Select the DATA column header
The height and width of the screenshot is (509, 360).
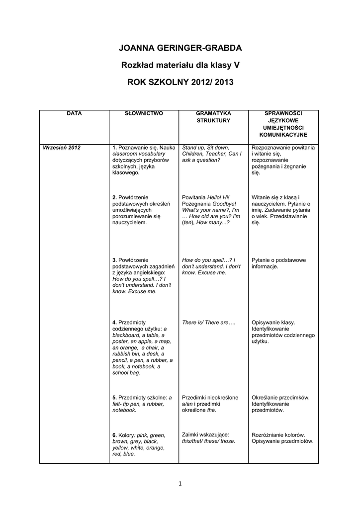point(74,114)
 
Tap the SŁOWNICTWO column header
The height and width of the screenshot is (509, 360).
point(144,114)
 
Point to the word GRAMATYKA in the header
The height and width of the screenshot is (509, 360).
point(213,114)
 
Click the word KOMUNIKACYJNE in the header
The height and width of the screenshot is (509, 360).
point(283,135)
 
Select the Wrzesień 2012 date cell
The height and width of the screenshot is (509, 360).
point(62,148)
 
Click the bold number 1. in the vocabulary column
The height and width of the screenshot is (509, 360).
point(114,148)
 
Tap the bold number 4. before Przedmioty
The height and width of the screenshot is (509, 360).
point(114,323)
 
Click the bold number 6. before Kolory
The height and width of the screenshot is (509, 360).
point(114,435)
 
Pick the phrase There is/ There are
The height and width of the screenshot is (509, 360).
point(208,323)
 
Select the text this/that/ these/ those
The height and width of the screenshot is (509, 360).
point(208,441)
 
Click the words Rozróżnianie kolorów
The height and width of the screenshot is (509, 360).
point(278,434)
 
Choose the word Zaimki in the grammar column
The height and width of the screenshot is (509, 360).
point(191,434)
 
